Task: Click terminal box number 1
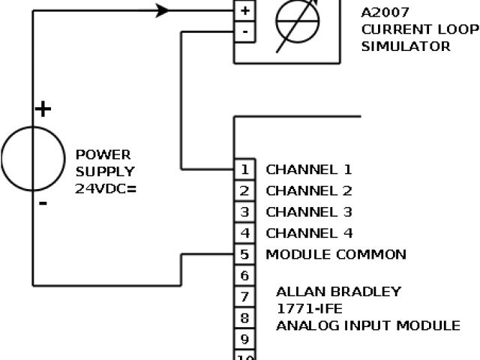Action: tap(245, 169)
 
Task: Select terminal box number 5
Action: tap(245, 254)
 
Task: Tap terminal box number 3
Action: tap(245, 211)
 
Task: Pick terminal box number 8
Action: tap(245, 318)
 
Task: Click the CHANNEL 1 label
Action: tap(309, 169)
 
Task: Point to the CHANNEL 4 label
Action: tap(309, 233)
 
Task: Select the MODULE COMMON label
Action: tap(336, 254)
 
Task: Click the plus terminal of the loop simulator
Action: tap(246, 11)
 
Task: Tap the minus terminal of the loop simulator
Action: tap(246, 31)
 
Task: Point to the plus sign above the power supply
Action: tap(43, 109)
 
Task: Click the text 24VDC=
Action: tap(106, 189)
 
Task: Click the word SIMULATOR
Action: tap(406, 46)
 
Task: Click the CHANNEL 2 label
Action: tap(309, 190)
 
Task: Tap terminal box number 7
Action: tap(245, 297)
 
